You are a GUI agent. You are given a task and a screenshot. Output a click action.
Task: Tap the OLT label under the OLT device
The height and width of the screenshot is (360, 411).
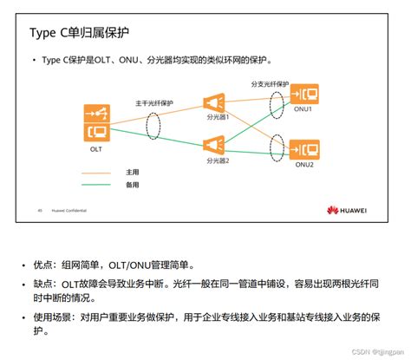[x=96, y=148]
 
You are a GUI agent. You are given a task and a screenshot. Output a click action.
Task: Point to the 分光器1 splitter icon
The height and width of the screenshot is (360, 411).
[x=213, y=101]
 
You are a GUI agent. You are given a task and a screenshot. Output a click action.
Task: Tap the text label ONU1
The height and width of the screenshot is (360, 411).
[x=303, y=108]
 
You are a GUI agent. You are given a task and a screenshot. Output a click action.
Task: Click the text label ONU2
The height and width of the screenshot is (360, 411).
[x=303, y=164]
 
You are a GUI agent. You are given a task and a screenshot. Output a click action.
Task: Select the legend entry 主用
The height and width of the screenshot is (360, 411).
[x=131, y=172]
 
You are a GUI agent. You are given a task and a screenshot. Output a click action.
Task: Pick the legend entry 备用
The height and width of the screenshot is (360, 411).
[x=131, y=184]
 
